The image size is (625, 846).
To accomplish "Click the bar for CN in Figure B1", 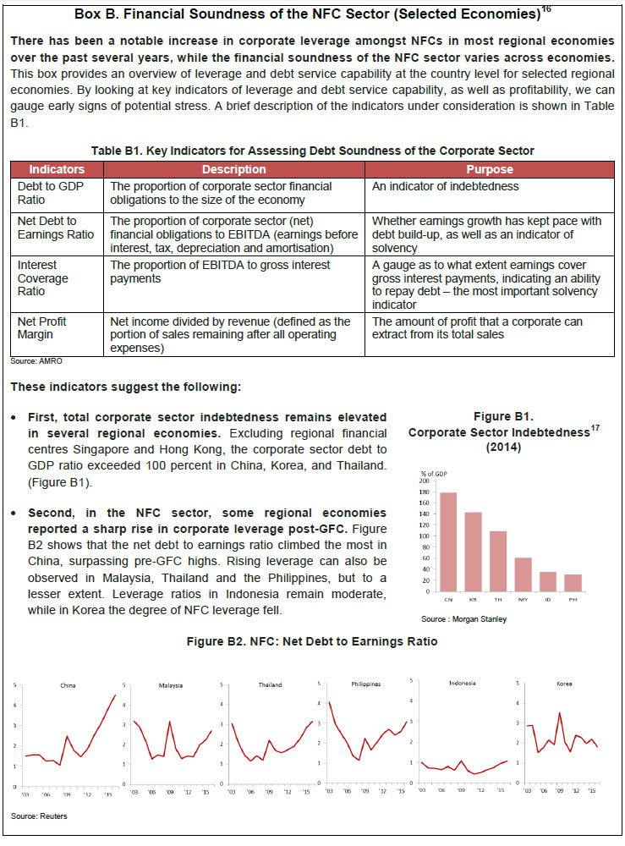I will (x=448, y=541).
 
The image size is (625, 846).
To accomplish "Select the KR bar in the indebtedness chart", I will (x=474, y=552).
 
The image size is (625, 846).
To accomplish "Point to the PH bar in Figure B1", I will (x=573, y=583).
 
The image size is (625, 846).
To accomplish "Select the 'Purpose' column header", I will (x=490, y=169).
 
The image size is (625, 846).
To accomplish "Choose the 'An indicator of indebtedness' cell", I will (x=446, y=186).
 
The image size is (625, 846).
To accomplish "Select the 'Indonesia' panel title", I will (x=462, y=683).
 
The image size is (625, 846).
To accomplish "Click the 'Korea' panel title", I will (x=564, y=683).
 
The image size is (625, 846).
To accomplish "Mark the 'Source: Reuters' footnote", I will (x=40, y=816).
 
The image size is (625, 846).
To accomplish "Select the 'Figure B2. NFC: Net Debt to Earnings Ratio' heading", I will (x=312, y=641).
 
